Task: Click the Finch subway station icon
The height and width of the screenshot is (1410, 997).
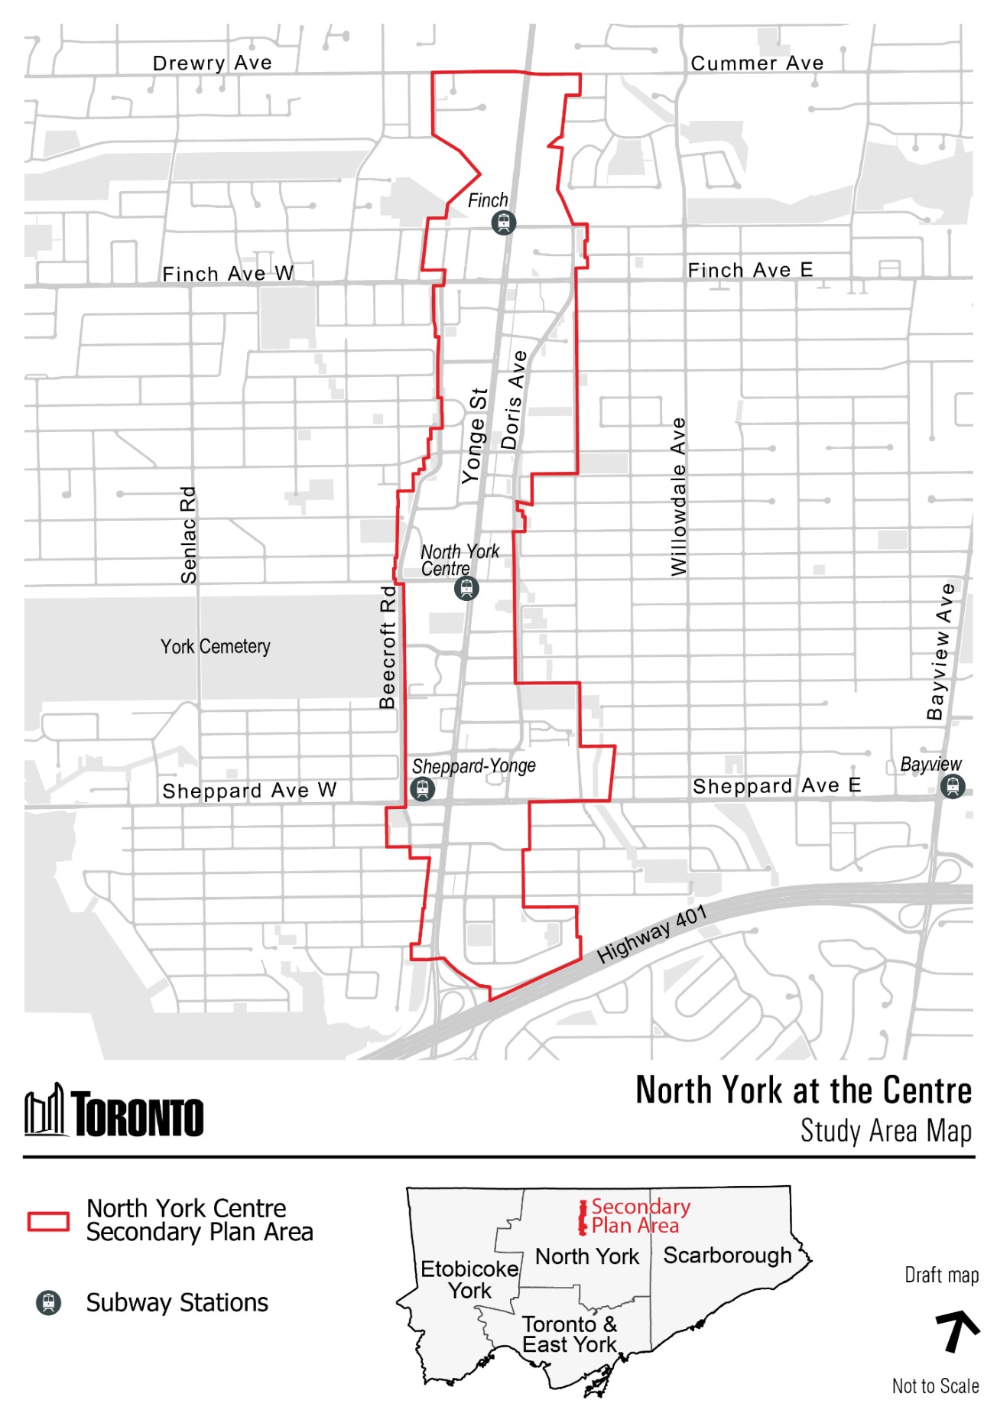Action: [x=503, y=223]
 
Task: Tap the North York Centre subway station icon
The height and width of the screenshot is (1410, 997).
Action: [x=466, y=588]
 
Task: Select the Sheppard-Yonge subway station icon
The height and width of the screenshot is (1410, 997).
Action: [x=422, y=788]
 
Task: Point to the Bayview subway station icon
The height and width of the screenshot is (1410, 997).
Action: [x=953, y=785]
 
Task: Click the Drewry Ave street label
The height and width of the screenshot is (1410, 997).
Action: [x=212, y=63]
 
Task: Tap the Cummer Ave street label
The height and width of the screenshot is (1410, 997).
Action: [x=757, y=63]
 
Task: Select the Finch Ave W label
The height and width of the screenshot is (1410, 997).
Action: [x=228, y=273]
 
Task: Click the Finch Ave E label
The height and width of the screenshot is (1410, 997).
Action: [x=750, y=270]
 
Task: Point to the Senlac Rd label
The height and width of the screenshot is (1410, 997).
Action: [x=188, y=534]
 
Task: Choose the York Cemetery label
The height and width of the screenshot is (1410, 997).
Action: [x=215, y=646]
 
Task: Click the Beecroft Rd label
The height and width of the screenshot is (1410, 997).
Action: [x=388, y=647]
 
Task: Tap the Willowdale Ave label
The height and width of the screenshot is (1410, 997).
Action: [x=678, y=496]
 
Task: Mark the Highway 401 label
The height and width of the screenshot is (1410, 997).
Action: [x=651, y=934]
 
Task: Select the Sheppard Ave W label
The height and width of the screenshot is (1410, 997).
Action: [x=249, y=790]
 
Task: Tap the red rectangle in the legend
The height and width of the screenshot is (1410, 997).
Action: [x=48, y=1221]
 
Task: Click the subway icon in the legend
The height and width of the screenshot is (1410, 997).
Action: [x=48, y=1302]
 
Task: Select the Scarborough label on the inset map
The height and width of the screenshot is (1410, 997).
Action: [x=727, y=1256]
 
